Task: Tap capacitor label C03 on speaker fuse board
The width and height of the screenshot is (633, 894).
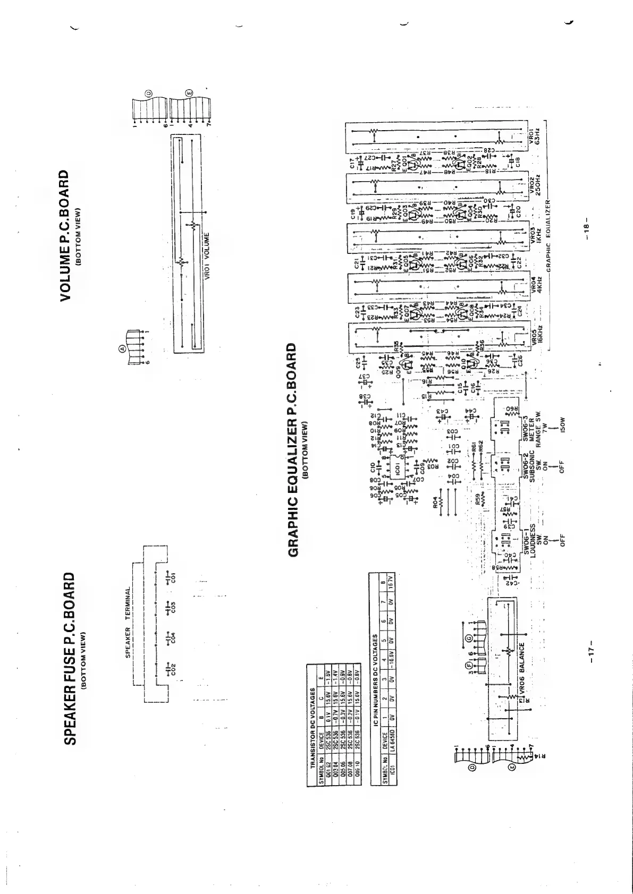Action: point(172,606)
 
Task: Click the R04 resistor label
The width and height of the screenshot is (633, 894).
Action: point(435,502)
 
